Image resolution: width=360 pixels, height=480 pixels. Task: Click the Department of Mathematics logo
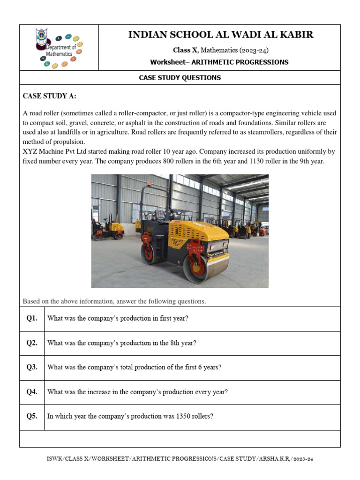tap(59, 47)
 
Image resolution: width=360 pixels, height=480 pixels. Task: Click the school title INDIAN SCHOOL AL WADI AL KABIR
tap(221, 35)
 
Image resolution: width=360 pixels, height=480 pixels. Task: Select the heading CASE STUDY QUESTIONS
tap(180, 78)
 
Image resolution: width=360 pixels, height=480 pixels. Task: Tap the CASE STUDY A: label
tap(50, 97)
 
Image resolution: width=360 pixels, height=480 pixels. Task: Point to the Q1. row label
tap(32, 318)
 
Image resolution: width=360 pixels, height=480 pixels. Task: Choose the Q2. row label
tap(32, 343)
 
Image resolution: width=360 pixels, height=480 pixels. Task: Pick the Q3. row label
tap(32, 367)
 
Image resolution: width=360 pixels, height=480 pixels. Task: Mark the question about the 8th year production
tap(122, 343)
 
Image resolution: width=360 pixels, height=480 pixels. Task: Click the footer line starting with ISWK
tap(180, 459)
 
